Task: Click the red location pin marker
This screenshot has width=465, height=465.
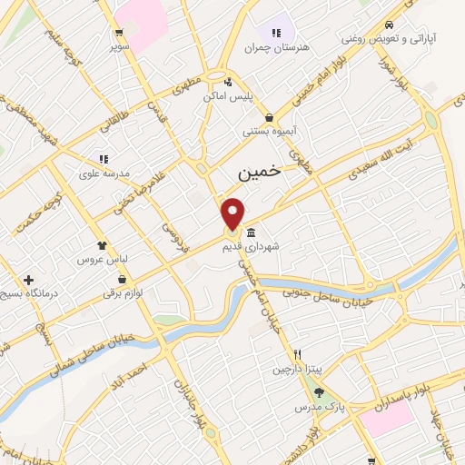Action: click(233, 213)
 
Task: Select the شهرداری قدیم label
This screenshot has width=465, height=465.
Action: click(265, 245)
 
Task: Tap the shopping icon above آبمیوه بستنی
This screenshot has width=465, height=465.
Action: click(270, 117)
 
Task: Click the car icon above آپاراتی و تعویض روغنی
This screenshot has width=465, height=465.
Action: click(389, 25)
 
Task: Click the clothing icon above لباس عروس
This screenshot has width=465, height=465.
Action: click(102, 244)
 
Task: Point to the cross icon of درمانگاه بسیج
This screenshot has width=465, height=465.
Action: click(29, 280)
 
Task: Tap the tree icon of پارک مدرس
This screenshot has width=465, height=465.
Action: click(319, 391)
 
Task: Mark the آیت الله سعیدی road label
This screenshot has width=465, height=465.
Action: click(372, 157)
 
